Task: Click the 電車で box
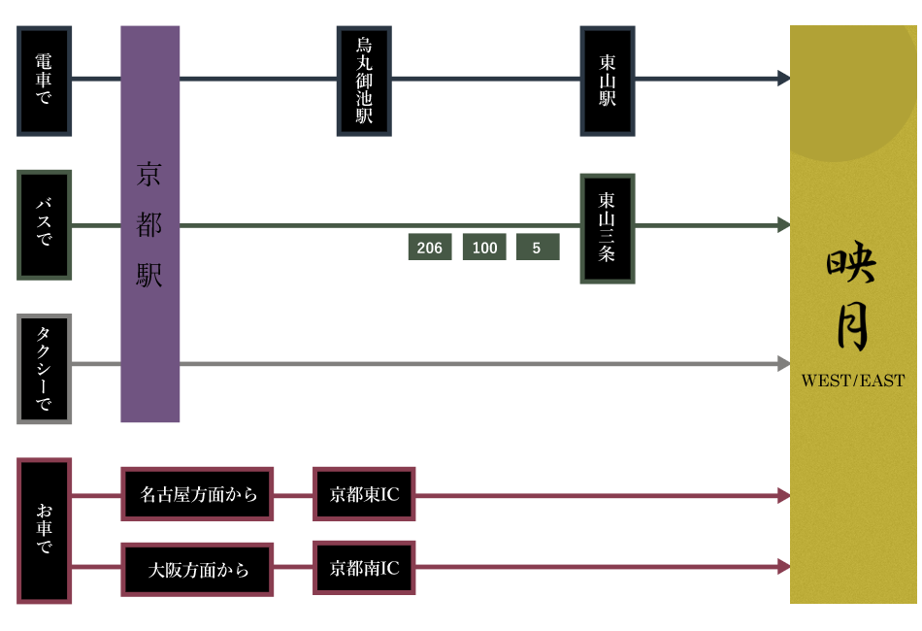[x=45, y=81]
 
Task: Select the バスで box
[x=45, y=224]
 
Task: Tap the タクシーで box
[x=45, y=369]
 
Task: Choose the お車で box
[x=45, y=530]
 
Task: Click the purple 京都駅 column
[x=150, y=224]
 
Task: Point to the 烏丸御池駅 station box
[x=364, y=81]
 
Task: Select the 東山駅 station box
[x=608, y=81]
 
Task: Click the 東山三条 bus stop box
[x=608, y=228]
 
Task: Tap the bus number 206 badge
[x=430, y=248]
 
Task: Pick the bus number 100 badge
[x=484, y=248]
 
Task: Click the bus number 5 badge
[x=538, y=248]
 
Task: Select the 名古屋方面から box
[x=198, y=494]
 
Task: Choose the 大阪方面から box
[x=198, y=570]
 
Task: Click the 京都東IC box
[x=364, y=494]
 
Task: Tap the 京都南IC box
[x=364, y=568]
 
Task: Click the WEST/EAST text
[x=852, y=381]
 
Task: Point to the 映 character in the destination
[x=852, y=264]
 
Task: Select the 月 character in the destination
[x=852, y=326]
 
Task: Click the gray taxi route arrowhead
[x=783, y=364]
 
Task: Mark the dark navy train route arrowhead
[x=783, y=78]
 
